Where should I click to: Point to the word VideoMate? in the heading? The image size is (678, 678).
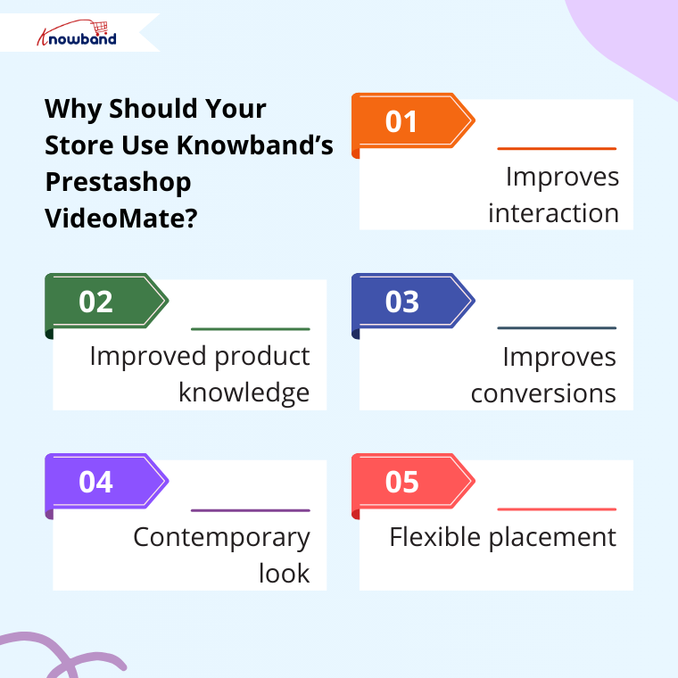120,217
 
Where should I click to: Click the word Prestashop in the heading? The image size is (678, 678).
118,181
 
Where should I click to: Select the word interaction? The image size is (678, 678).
553,214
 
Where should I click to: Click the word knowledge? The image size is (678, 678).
244,393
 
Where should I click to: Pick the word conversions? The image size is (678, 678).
543,393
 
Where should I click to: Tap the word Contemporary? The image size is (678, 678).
221,537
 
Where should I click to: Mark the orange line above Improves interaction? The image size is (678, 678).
557,148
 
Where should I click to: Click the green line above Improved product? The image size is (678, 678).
251,329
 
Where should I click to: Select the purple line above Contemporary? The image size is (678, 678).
251,510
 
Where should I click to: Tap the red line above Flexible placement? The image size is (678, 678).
557,509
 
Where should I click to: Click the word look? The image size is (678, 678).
284,574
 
